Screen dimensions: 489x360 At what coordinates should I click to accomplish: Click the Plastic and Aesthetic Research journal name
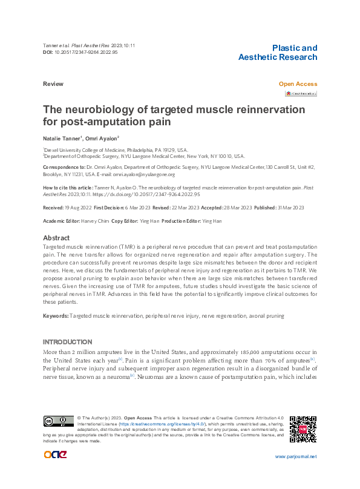[277, 53]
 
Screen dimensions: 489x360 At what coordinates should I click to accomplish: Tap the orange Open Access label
[297, 84]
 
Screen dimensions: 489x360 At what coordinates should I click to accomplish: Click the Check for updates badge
[301, 94]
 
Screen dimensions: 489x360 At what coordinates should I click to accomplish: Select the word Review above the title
[53, 84]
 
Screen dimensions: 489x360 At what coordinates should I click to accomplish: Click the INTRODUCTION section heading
[67, 342]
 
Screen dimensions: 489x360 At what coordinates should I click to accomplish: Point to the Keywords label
[56, 316]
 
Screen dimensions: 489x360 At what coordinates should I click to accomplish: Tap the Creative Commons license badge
[57, 422]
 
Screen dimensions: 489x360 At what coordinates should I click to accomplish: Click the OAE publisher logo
[55, 455]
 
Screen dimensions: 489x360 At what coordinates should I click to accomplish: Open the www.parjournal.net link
[295, 456]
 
